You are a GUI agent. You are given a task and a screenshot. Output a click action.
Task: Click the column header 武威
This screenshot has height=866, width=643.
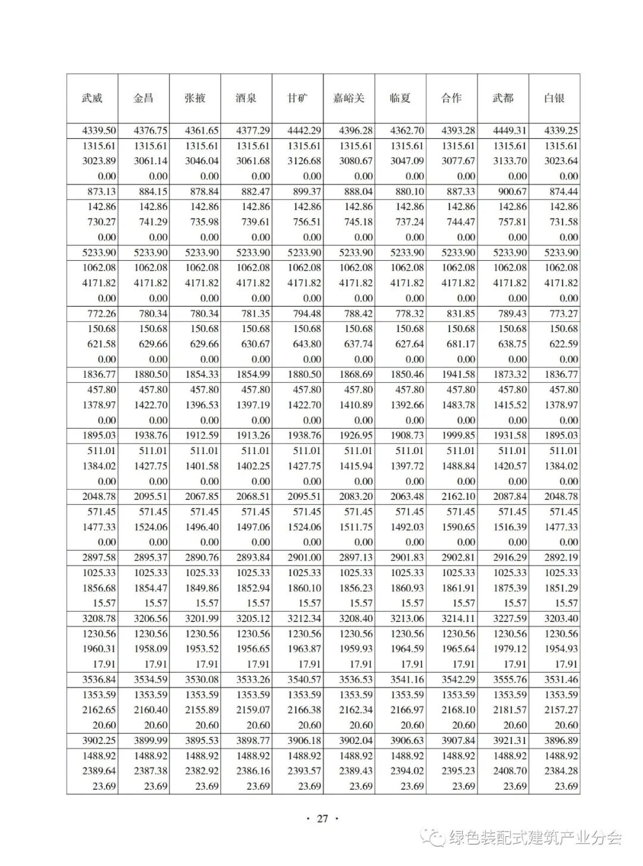point(92,98)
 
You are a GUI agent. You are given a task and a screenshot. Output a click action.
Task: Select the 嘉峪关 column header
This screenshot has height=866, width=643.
point(349,98)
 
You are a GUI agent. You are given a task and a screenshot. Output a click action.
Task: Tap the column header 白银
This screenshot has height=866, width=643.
point(554,98)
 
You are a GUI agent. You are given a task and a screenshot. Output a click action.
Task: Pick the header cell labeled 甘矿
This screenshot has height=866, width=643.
point(298,98)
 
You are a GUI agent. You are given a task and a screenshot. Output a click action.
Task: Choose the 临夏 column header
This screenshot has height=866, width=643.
point(400,98)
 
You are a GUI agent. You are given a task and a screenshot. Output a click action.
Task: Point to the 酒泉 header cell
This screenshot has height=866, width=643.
point(246,98)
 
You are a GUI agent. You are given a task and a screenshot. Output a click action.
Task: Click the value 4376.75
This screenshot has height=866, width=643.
point(151,131)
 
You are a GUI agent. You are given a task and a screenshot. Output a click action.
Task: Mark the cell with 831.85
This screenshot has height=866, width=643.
point(458,314)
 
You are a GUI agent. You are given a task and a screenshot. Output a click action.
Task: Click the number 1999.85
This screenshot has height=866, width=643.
point(458,436)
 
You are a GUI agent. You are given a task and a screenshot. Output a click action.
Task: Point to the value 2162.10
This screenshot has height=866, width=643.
point(458,496)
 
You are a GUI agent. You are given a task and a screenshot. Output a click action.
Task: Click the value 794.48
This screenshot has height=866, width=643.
point(304,314)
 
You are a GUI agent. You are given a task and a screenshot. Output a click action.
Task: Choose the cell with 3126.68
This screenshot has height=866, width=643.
point(304,161)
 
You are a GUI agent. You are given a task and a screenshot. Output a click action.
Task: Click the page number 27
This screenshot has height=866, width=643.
point(322,818)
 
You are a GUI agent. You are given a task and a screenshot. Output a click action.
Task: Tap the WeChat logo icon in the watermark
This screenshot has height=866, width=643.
point(433,838)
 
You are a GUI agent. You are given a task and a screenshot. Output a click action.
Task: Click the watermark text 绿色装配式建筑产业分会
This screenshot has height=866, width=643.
point(536,838)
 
